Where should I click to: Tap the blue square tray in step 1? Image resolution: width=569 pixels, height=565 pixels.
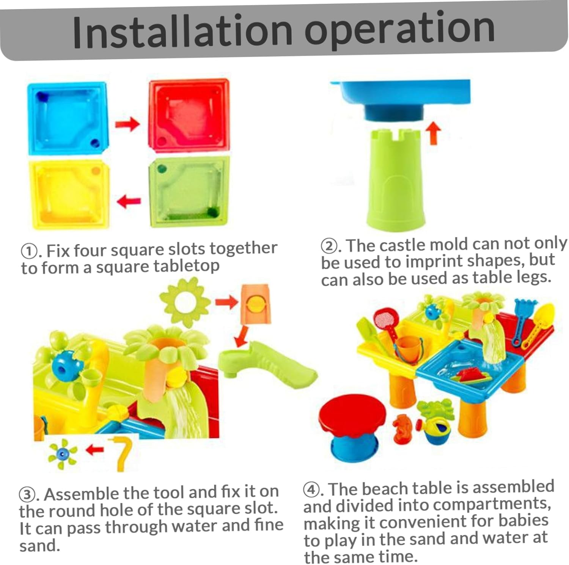(68, 119)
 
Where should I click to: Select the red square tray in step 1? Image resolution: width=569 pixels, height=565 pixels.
(189, 115)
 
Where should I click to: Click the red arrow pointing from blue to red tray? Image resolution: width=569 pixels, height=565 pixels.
(127, 124)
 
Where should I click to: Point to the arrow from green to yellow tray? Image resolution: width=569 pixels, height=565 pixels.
(129, 201)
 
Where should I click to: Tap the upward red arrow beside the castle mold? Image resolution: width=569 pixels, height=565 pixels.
(434, 135)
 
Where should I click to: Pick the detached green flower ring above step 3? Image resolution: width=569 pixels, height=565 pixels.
(185, 302)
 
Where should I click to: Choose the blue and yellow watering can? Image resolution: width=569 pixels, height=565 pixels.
(436, 430)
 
